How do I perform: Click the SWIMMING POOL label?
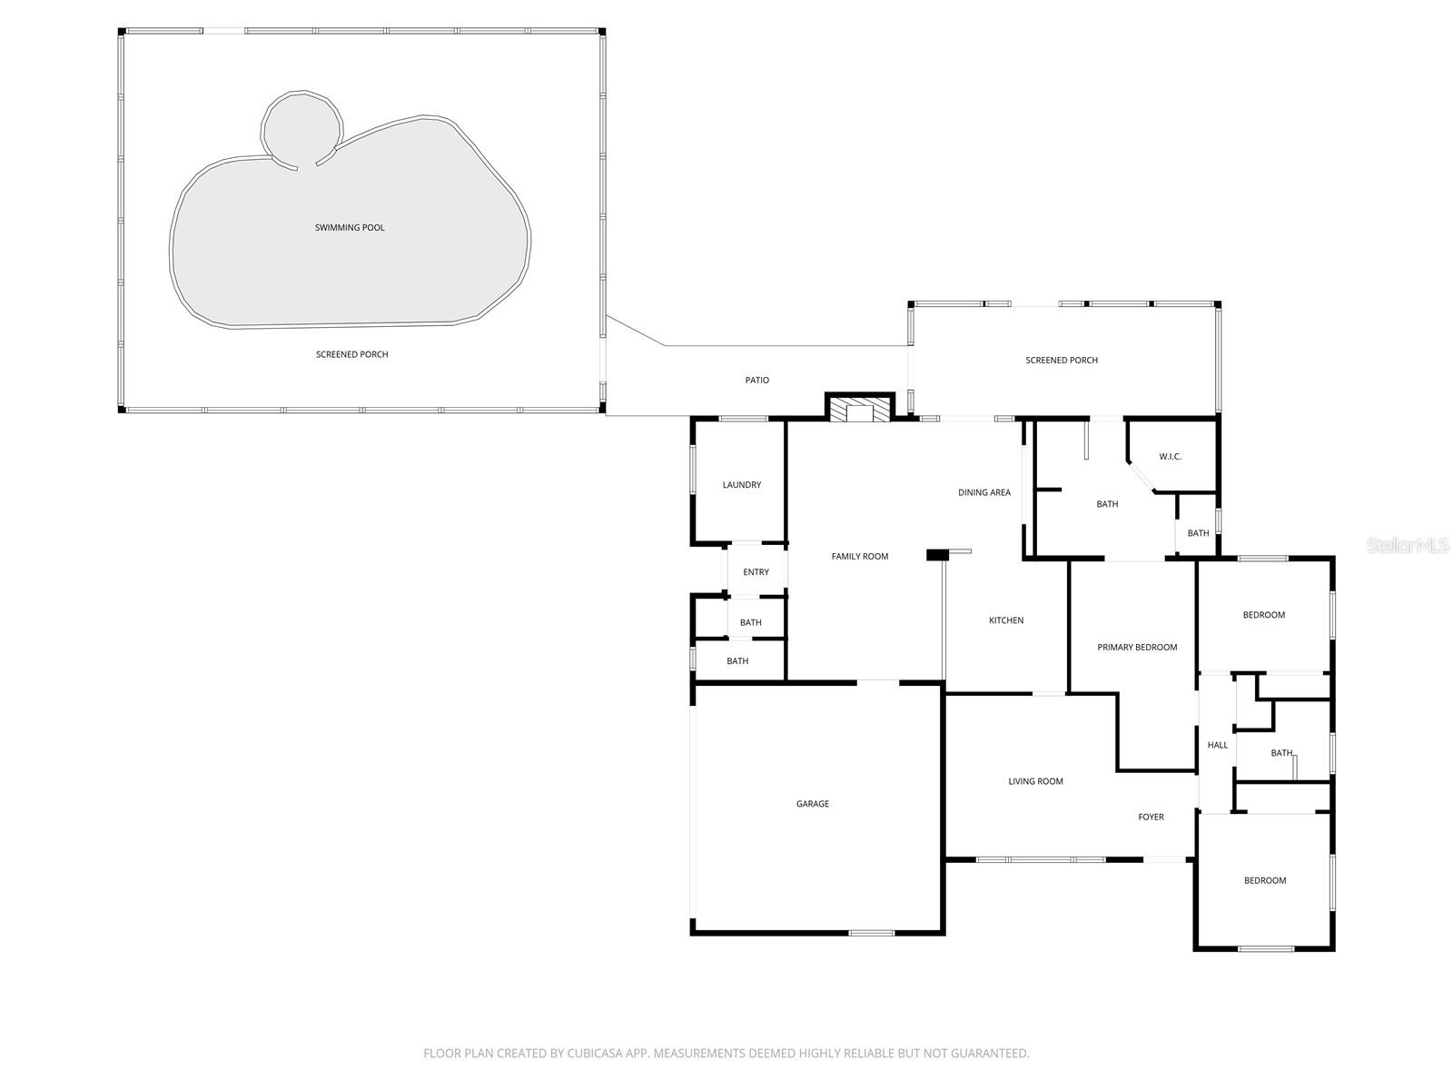click(350, 227)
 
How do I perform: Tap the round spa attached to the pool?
click(301, 130)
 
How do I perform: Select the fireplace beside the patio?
click(858, 410)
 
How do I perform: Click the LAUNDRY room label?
click(741, 485)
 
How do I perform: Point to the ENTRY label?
click(756, 572)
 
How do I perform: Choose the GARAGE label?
click(812, 804)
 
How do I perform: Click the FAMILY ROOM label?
click(859, 556)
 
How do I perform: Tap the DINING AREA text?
click(983, 492)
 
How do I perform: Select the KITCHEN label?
click(1005, 620)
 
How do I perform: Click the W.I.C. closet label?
click(1170, 456)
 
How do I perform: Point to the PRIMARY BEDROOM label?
click(1136, 648)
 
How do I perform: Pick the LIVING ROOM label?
click(1034, 781)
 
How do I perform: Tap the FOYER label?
click(1151, 817)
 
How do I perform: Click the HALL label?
click(1217, 745)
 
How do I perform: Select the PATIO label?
click(756, 381)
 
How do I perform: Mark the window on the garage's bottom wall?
click(871, 932)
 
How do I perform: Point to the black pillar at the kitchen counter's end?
click(936, 554)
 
